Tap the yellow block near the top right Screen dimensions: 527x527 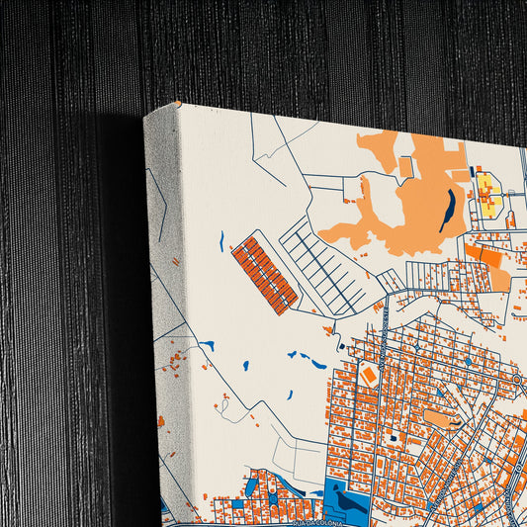(x=488, y=194)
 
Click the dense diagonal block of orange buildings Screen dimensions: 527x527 (x=265, y=274)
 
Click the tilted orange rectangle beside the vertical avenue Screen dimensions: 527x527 (x=369, y=376)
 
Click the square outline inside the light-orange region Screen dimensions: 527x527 (x=406, y=166)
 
